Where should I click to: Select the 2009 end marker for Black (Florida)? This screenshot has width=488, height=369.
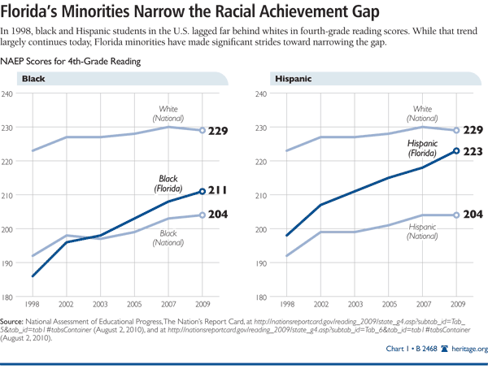(203, 192)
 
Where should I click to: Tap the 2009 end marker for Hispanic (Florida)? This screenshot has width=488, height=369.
(456, 150)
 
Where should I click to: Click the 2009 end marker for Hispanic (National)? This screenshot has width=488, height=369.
(456, 215)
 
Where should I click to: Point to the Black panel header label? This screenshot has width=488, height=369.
(33, 79)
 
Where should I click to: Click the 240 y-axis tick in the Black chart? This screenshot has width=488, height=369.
(9, 94)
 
